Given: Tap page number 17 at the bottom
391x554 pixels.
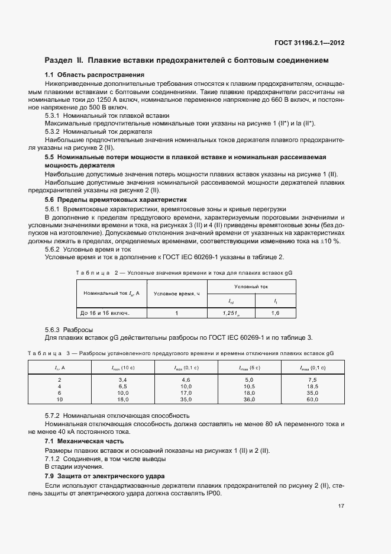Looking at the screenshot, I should coord(341,505).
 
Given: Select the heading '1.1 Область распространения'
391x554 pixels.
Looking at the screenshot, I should coord(95,75).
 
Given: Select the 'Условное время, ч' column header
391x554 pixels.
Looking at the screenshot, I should coord(177,294).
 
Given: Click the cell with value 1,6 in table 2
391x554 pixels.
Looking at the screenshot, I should coord(275,313).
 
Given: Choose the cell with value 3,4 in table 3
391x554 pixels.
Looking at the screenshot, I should coord(123,379).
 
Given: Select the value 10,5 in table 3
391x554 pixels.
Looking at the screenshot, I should coord(248,386).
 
